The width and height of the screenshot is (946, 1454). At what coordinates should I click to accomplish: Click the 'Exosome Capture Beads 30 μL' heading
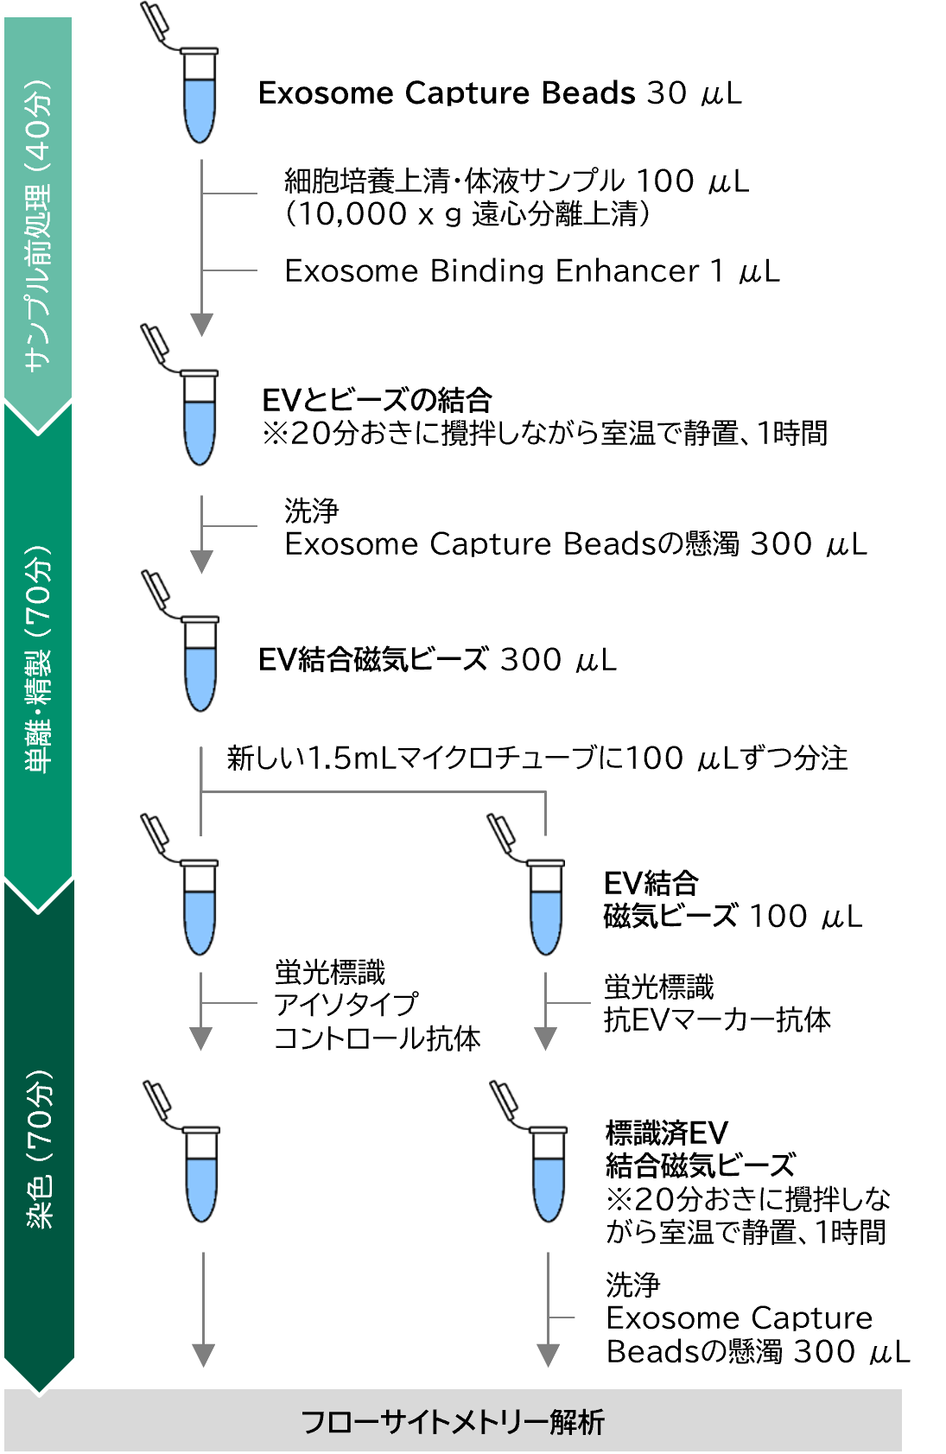pos(499,92)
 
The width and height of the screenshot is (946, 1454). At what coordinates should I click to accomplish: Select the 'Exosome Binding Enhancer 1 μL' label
pos(532,271)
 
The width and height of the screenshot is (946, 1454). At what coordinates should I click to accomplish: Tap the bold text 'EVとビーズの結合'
pos(377,400)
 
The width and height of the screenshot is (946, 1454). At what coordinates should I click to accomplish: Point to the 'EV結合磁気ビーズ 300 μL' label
pos(437,659)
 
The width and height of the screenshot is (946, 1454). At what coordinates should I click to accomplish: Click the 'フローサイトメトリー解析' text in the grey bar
pos(454,1421)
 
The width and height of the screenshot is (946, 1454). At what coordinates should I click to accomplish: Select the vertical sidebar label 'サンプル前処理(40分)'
pos(38,225)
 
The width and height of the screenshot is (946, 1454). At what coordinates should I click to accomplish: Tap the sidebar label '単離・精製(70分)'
pos(38,659)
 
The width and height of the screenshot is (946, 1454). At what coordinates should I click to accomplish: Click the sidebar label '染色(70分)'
pos(39,1148)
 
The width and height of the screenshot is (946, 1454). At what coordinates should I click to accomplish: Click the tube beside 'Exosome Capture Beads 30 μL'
pos(185,74)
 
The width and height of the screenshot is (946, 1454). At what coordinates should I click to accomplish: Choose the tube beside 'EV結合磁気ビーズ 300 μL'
pos(186,643)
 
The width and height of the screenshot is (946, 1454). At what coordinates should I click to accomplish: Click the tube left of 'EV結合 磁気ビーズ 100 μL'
pos(531,886)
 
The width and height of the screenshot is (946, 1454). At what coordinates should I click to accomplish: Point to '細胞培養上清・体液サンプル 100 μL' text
pos(517,181)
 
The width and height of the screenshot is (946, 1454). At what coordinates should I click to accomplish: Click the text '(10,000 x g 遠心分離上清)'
pos(467,214)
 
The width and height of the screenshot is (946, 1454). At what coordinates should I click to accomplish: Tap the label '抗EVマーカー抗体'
pos(717,1020)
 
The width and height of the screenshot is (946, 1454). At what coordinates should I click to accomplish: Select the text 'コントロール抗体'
pos(378,1038)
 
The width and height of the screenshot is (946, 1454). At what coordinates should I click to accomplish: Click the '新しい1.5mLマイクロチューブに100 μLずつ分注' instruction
pos(537,759)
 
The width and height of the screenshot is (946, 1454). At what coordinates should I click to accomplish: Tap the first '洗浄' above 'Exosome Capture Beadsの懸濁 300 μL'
pos(312,511)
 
